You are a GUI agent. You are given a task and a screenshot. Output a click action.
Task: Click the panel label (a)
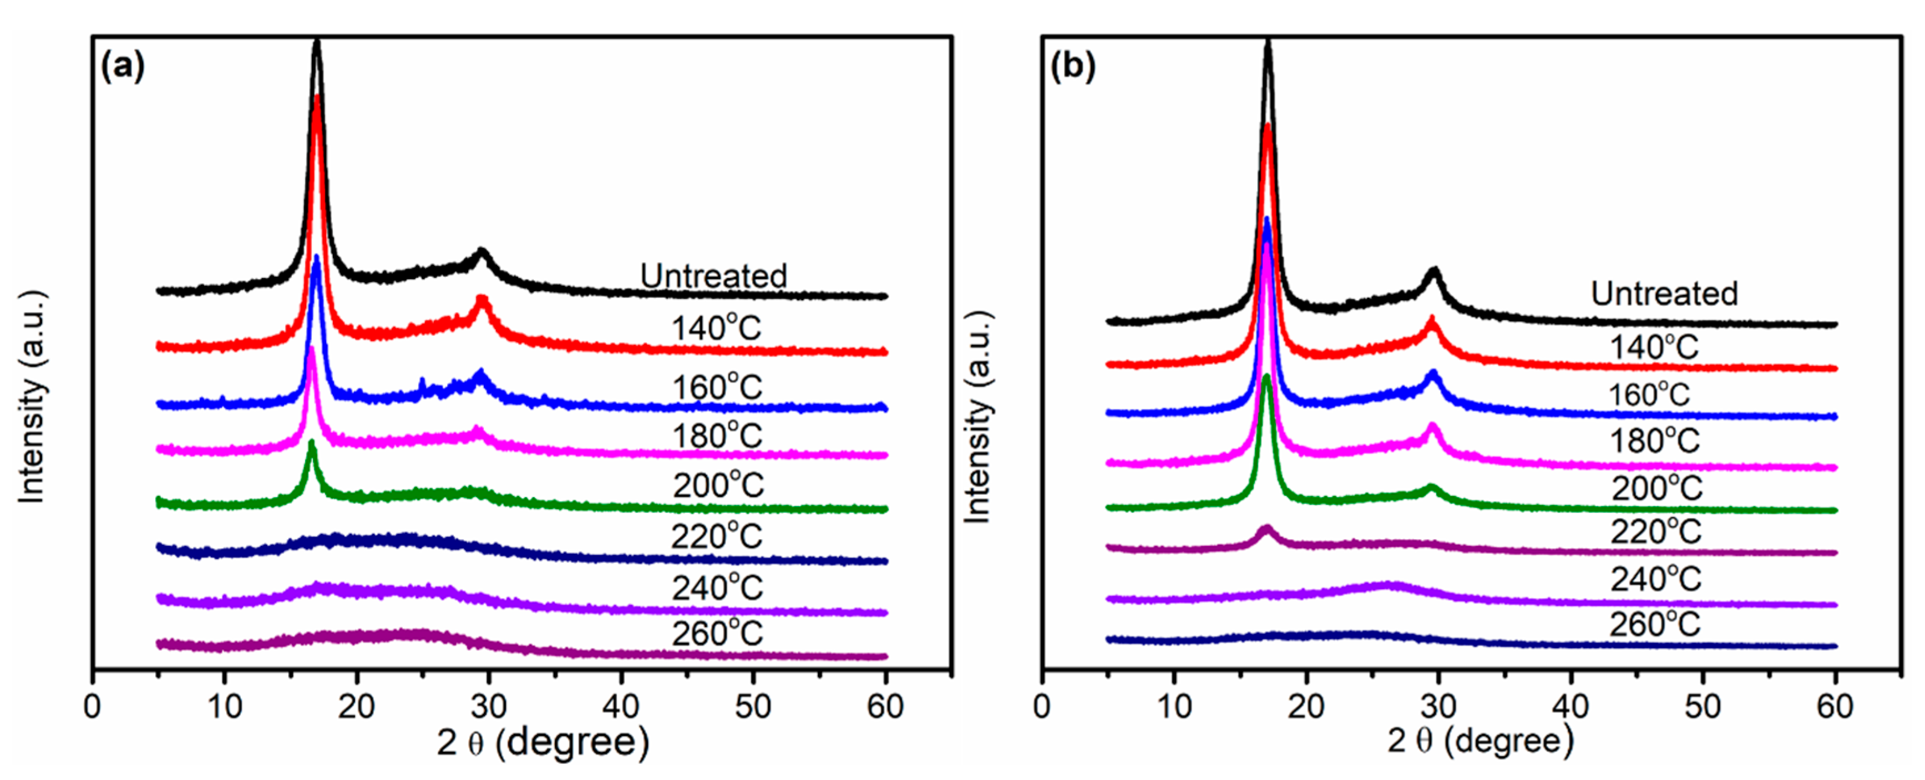click(x=123, y=67)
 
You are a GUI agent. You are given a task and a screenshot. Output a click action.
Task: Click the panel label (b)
click(x=1072, y=67)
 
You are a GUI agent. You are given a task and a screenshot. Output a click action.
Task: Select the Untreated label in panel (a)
click(x=713, y=276)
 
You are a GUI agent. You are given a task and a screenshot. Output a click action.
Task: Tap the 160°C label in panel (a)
click(x=717, y=387)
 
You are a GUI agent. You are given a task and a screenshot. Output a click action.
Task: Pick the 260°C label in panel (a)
click(x=717, y=634)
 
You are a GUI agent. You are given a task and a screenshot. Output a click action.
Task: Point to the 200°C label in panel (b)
click(x=1656, y=488)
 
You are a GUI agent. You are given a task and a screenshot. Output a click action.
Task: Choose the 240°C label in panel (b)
click(x=1656, y=579)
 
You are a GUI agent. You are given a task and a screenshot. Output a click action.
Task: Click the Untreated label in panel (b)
click(x=1664, y=293)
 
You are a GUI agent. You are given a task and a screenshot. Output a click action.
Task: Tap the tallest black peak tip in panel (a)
click(x=317, y=43)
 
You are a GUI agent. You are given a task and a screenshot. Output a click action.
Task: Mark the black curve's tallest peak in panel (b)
click(x=1268, y=43)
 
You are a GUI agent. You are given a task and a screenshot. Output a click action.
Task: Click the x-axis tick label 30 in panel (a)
click(x=489, y=706)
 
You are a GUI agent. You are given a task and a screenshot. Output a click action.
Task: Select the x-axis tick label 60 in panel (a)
click(x=885, y=706)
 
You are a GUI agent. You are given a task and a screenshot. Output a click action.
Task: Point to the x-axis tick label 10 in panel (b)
click(x=1174, y=706)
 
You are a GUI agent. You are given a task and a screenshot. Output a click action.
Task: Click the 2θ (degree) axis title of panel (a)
click(x=543, y=742)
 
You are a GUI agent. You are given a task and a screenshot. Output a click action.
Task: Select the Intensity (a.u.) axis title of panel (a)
click(x=32, y=396)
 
